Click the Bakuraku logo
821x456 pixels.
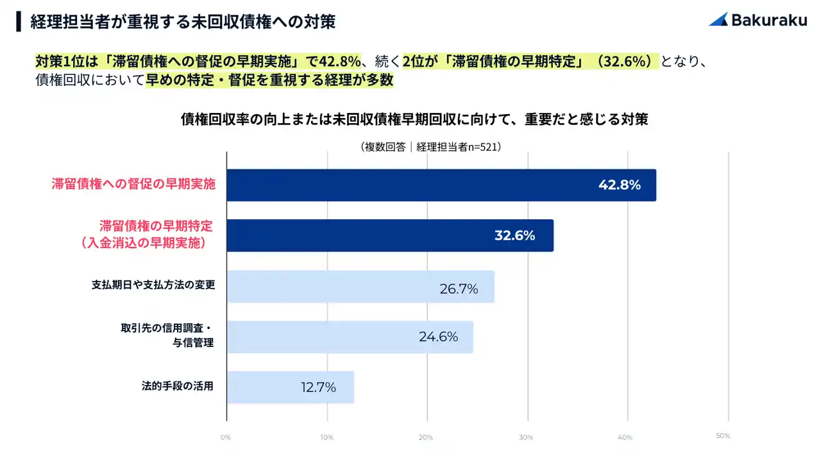point(758,20)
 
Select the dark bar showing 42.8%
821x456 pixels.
point(441,185)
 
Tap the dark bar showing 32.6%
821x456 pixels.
point(390,235)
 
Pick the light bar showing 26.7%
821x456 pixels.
point(360,287)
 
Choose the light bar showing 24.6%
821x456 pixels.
point(350,337)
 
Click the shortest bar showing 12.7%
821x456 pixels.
point(290,387)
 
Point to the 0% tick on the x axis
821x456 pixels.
point(225,437)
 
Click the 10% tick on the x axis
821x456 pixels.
point(326,437)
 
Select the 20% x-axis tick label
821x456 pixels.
point(425,437)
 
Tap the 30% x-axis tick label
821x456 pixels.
point(525,437)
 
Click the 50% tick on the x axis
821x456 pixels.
point(723,436)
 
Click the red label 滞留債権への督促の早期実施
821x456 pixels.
point(133,184)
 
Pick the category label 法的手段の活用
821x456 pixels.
point(177,386)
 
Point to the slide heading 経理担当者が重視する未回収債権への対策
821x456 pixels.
point(183,22)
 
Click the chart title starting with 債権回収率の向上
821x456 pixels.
point(414,119)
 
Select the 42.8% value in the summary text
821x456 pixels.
point(340,62)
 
